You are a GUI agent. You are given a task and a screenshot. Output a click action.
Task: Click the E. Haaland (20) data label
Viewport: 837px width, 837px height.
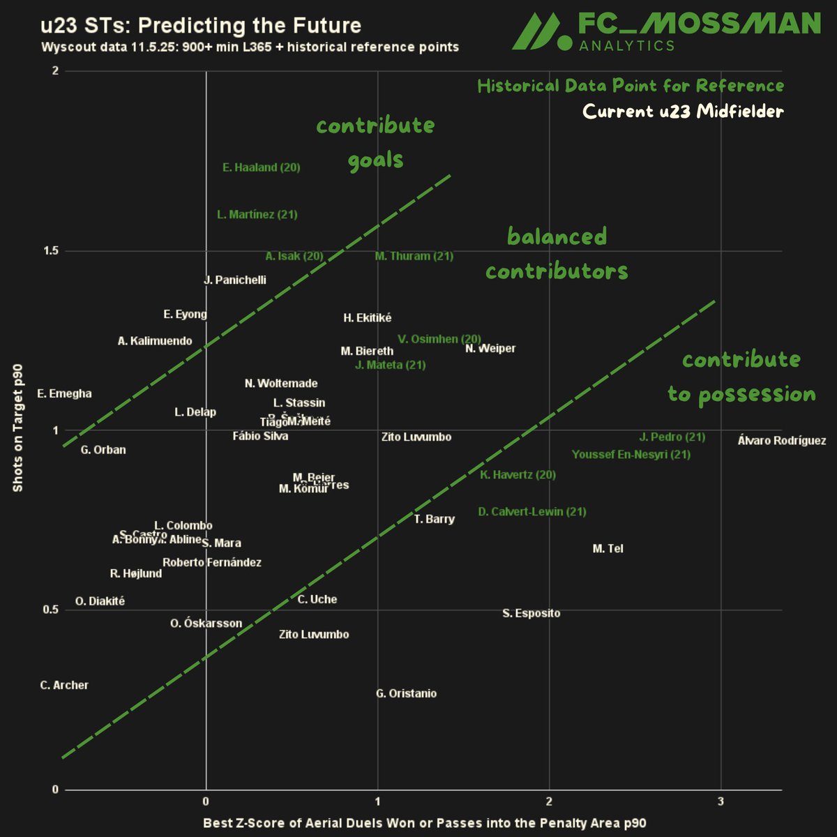point(262,167)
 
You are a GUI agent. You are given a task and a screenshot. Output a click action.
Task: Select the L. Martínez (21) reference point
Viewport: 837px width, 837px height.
point(257,215)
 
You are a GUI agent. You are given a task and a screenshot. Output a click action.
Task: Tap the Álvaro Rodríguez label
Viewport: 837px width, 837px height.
point(781,441)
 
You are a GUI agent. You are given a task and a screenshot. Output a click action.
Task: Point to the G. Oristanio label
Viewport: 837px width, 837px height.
point(406,693)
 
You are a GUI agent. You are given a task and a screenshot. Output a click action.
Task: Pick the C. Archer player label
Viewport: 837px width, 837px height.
point(64,686)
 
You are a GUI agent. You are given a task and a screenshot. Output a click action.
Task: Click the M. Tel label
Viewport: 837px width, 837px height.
point(608,549)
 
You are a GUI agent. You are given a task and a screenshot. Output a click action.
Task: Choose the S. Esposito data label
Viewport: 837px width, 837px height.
point(531,614)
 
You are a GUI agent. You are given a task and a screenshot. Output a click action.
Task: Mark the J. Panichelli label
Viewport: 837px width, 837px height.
point(235,280)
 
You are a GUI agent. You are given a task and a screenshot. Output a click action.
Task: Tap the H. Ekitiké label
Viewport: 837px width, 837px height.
point(368,318)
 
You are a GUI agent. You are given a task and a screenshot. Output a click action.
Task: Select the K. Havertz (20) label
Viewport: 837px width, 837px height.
point(518,475)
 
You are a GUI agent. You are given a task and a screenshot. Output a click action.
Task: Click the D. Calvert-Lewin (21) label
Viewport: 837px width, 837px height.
point(532,512)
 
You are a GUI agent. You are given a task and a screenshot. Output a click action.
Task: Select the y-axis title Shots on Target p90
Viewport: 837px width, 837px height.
point(18,428)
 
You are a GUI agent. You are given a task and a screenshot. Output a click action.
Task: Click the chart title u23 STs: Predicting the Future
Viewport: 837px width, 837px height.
point(201,27)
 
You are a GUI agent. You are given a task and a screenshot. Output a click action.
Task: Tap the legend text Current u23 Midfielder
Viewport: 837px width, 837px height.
point(683,112)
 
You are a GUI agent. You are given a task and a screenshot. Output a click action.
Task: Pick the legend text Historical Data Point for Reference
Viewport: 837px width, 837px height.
point(631,86)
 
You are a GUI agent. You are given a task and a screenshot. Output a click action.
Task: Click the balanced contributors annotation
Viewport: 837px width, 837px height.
point(557,254)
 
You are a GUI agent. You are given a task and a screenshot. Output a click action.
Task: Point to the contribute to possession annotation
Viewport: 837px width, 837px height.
point(741,377)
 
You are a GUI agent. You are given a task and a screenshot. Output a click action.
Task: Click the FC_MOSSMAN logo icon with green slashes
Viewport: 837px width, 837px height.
point(540,33)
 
